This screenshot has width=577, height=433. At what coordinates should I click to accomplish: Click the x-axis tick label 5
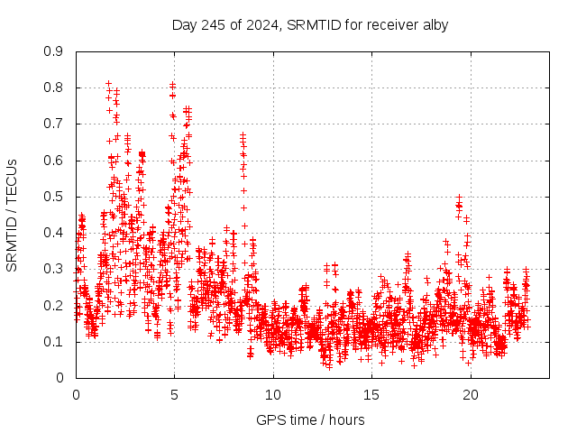point(174,394)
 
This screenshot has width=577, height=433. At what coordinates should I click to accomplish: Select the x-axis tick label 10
point(273,394)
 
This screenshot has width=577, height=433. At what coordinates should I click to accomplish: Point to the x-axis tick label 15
point(371,394)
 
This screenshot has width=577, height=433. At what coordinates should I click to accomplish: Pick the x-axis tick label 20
point(470,394)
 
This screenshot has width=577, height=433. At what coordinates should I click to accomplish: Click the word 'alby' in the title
point(433,24)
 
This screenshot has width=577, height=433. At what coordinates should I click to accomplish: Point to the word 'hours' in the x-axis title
point(347,419)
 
